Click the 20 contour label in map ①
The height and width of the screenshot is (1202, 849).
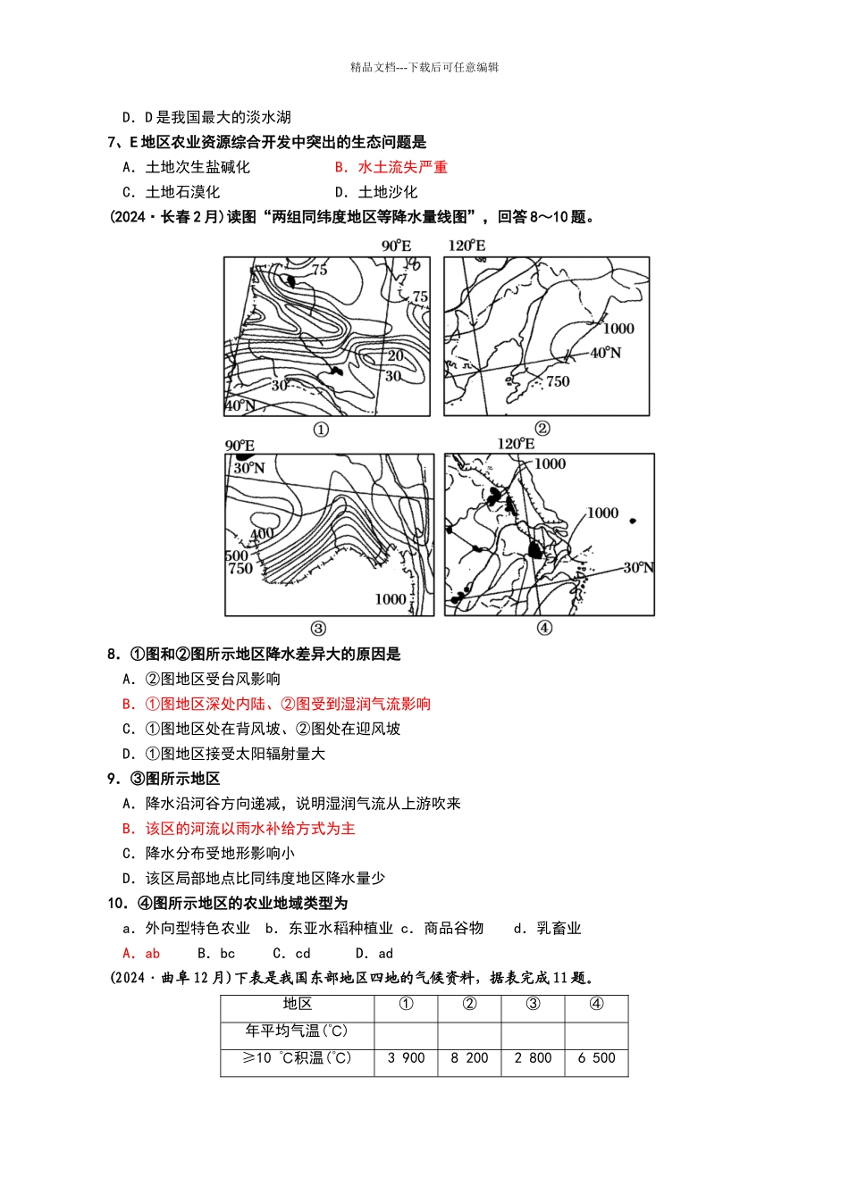tap(395, 355)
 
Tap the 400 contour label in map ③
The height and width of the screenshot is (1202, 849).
tap(262, 534)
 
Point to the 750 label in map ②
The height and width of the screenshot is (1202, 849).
tap(558, 381)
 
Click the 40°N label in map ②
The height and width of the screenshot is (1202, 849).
tap(605, 353)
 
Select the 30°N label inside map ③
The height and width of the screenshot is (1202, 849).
tap(249, 468)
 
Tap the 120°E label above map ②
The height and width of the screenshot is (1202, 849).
tap(467, 246)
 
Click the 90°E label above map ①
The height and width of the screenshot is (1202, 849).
tap(396, 246)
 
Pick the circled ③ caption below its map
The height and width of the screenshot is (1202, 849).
tap(318, 628)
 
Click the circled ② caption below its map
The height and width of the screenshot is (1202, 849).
tap(542, 429)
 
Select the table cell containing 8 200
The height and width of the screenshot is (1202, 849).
tap(469, 1058)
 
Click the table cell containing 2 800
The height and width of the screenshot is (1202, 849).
tap(533, 1058)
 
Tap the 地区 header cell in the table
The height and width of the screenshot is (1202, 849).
tap(297, 1004)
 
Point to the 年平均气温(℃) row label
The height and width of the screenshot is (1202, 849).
tap(297, 1031)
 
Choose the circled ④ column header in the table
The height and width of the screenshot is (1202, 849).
tap(596, 1004)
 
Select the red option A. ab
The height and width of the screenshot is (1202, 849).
tap(141, 953)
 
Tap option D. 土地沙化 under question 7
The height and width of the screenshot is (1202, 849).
tap(376, 192)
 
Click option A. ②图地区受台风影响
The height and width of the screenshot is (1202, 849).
tap(201, 679)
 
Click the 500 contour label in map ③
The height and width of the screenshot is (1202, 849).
tap(236, 555)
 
